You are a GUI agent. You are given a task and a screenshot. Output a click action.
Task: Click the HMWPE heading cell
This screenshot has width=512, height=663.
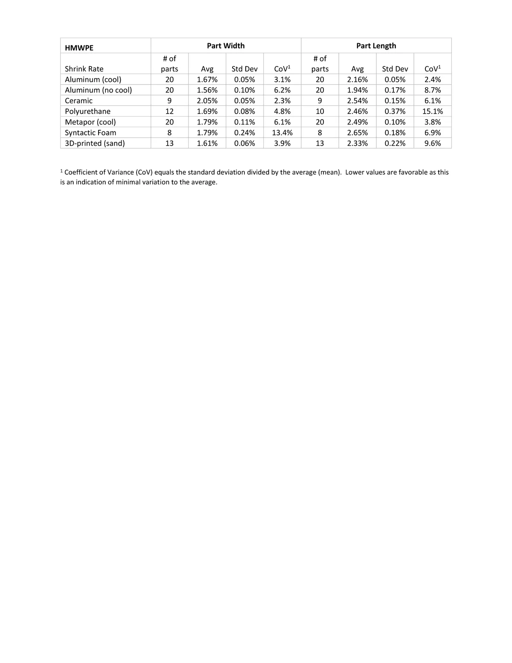79,48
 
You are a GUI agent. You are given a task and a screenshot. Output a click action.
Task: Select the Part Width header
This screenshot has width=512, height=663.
226,46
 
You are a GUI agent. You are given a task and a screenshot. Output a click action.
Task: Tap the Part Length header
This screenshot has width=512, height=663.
376,46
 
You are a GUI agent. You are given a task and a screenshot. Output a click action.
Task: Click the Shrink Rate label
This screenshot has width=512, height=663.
84,69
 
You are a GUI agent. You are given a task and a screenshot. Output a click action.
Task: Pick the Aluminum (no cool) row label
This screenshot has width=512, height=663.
98,90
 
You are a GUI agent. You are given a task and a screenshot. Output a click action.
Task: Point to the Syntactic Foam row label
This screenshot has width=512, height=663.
90,133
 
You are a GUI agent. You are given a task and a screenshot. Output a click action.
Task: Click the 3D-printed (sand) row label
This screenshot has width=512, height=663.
95,143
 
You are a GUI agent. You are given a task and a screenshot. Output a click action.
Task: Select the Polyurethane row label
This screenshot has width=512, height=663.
87,111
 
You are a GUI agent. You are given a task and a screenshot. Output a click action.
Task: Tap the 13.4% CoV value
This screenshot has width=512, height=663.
282,133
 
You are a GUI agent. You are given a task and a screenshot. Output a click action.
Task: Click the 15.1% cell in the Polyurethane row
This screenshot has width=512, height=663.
432,111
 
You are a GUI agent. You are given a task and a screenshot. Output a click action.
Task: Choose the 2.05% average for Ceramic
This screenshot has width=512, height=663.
207,101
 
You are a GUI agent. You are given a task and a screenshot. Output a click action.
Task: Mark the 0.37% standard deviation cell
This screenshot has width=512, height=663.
395,111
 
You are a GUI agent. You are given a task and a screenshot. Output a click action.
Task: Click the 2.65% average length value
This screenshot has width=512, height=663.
357,133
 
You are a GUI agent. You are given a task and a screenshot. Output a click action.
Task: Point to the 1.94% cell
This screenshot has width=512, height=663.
357,90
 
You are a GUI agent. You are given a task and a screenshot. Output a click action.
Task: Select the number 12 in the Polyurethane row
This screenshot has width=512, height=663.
169,111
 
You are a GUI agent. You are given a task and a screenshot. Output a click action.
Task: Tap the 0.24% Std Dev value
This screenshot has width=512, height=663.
244,133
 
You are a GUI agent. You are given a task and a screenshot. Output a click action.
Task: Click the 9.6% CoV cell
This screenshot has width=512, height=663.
432,143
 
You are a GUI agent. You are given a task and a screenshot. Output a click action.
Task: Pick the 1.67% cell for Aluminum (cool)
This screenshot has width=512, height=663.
207,79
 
